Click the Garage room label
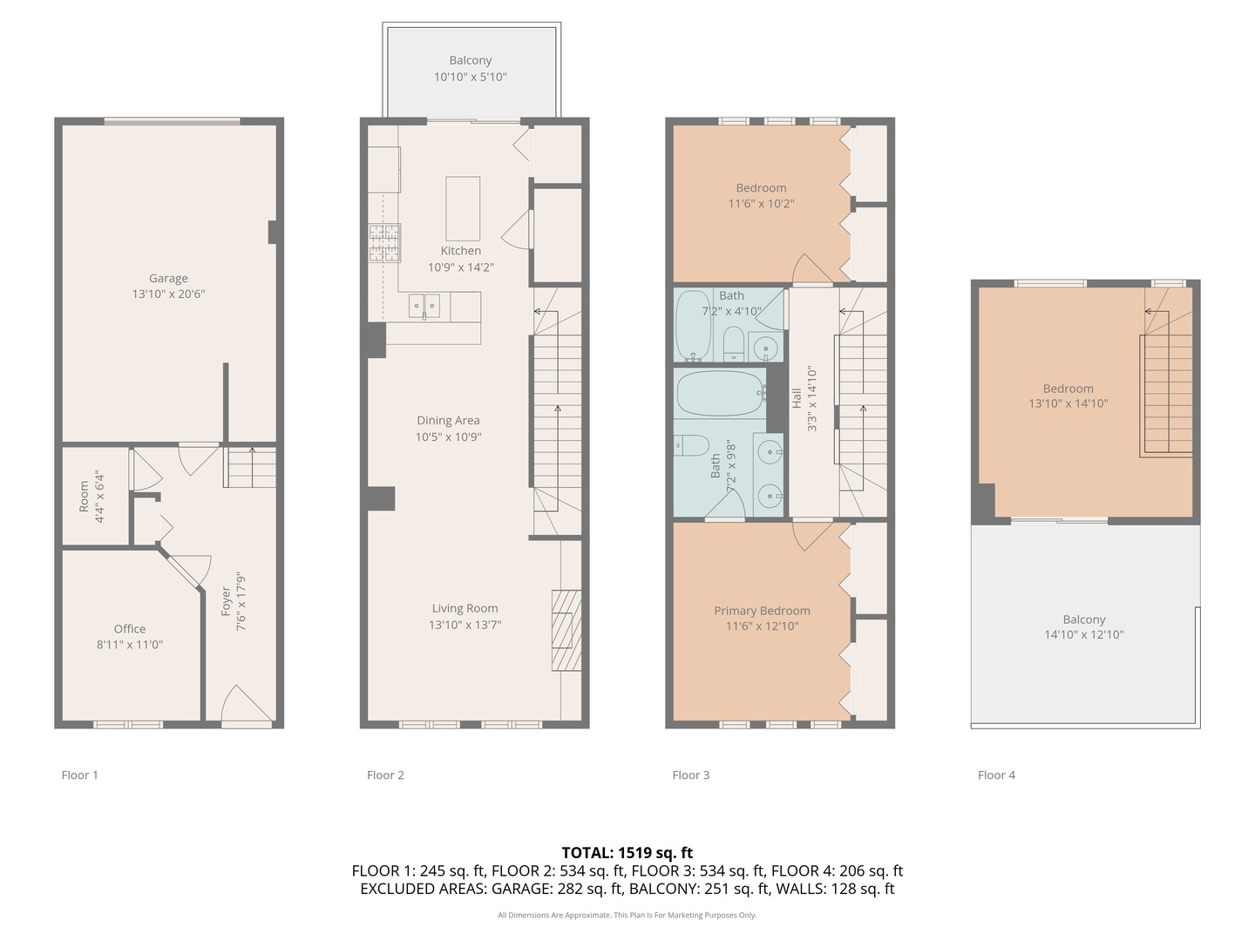click(168, 278)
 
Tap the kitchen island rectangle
click(463, 208)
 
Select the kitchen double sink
click(424, 306)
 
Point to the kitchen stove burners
click(384, 243)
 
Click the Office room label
click(130, 629)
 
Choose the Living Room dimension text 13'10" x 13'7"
click(465, 625)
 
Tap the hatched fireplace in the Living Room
click(566, 630)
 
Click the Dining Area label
click(448, 421)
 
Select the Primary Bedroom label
click(762, 611)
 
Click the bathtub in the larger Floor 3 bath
click(720, 393)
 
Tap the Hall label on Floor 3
click(797, 398)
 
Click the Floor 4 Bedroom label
click(1068, 389)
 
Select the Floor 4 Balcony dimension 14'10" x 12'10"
click(1084, 634)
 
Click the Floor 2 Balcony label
click(470, 60)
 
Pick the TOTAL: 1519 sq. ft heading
click(627, 852)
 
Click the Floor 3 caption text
click(690, 775)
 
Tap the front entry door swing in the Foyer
click(245, 705)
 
